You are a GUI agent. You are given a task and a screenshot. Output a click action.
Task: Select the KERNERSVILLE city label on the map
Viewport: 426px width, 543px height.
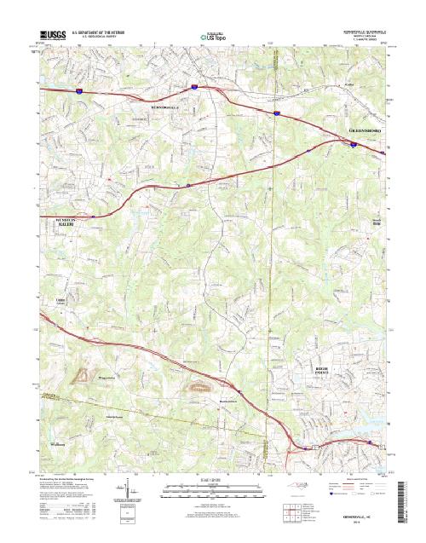[x=165, y=109]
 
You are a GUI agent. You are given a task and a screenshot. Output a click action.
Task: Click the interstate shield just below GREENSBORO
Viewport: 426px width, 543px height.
[x=353, y=144]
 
